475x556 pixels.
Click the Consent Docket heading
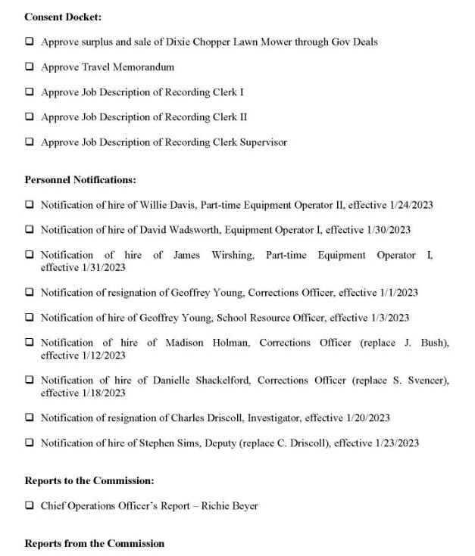click(x=63, y=17)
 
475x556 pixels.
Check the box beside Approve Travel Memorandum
click(x=29, y=67)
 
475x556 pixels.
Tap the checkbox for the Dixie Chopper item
click(x=29, y=42)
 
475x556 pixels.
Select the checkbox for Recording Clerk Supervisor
click(x=29, y=141)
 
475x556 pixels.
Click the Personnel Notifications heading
click(x=80, y=180)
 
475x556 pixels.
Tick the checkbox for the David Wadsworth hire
click(x=29, y=230)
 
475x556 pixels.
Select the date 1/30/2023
click(x=386, y=230)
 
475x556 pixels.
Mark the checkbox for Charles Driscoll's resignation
click(x=29, y=418)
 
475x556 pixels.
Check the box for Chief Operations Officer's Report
click(x=29, y=505)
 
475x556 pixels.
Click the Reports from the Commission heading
click(x=94, y=543)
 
